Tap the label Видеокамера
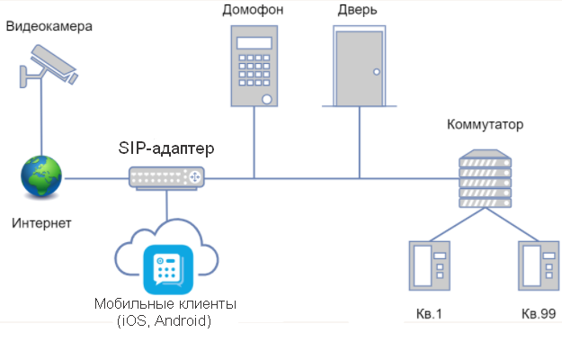point(49,25)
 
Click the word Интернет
point(41,221)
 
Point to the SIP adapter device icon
point(167,178)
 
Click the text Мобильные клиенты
point(165,304)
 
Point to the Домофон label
point(253,10)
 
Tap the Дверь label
point(357,10)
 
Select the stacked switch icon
point(484,181)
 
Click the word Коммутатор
point(484,124)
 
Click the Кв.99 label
point(539,313)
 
